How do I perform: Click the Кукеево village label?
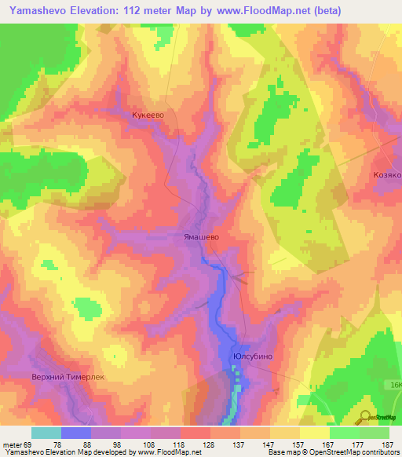[x=147, y=114]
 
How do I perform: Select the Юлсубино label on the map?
[x=252, y=356]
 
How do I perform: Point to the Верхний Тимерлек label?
[x=68, y=377]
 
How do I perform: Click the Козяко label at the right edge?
[x=387, y=175]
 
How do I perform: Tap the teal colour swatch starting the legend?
[x=46, y=433]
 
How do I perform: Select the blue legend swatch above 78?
[x=75, y=433]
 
